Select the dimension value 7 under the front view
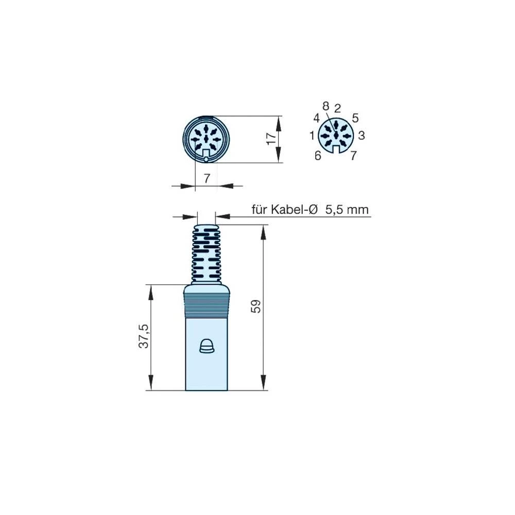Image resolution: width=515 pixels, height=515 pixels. [207, 179]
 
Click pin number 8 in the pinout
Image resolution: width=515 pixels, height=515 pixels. [325, 106]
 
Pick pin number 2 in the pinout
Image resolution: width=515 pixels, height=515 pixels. [337, 108]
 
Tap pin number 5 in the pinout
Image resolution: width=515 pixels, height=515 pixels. [355, 118]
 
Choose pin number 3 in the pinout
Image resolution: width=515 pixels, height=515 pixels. [362, 135]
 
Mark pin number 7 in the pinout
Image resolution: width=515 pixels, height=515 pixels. [353, 154]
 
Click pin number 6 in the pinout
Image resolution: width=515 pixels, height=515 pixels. [318, 155]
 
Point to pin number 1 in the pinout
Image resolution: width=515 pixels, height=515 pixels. [312, 136]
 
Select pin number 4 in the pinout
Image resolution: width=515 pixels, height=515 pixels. [316, 118]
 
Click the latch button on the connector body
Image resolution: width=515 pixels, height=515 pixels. [207, 347]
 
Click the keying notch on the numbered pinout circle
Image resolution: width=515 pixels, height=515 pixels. [336, 149]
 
